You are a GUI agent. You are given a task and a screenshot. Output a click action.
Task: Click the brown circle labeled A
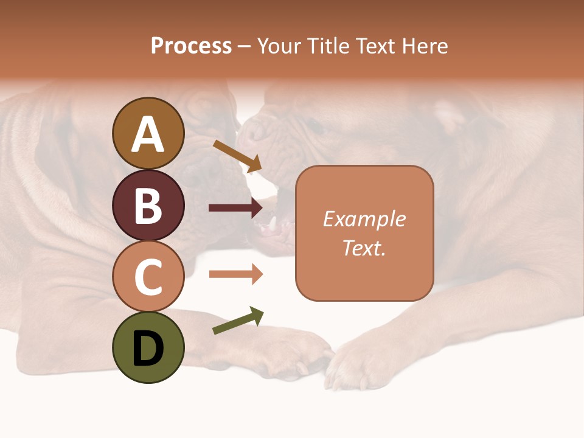pos(148,133)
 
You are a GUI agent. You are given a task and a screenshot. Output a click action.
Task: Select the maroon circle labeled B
pos(148,205)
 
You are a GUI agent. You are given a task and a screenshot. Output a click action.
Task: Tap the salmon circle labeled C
pos(148,276)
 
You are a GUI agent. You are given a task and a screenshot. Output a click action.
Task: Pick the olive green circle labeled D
pos(148,347)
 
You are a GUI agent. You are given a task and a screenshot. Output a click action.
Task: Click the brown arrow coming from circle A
pos(237,156)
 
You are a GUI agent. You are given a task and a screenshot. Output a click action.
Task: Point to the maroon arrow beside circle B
pos(235,208)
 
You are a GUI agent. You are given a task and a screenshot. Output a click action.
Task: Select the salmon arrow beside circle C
pos(235,274)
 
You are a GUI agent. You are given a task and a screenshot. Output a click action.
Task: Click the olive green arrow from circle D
pos(238,321)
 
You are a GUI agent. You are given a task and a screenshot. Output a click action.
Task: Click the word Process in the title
pos(191,46)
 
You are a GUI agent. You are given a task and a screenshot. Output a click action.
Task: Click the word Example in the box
pos(364,219)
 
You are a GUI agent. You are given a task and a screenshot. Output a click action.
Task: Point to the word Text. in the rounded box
pos(364,248)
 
